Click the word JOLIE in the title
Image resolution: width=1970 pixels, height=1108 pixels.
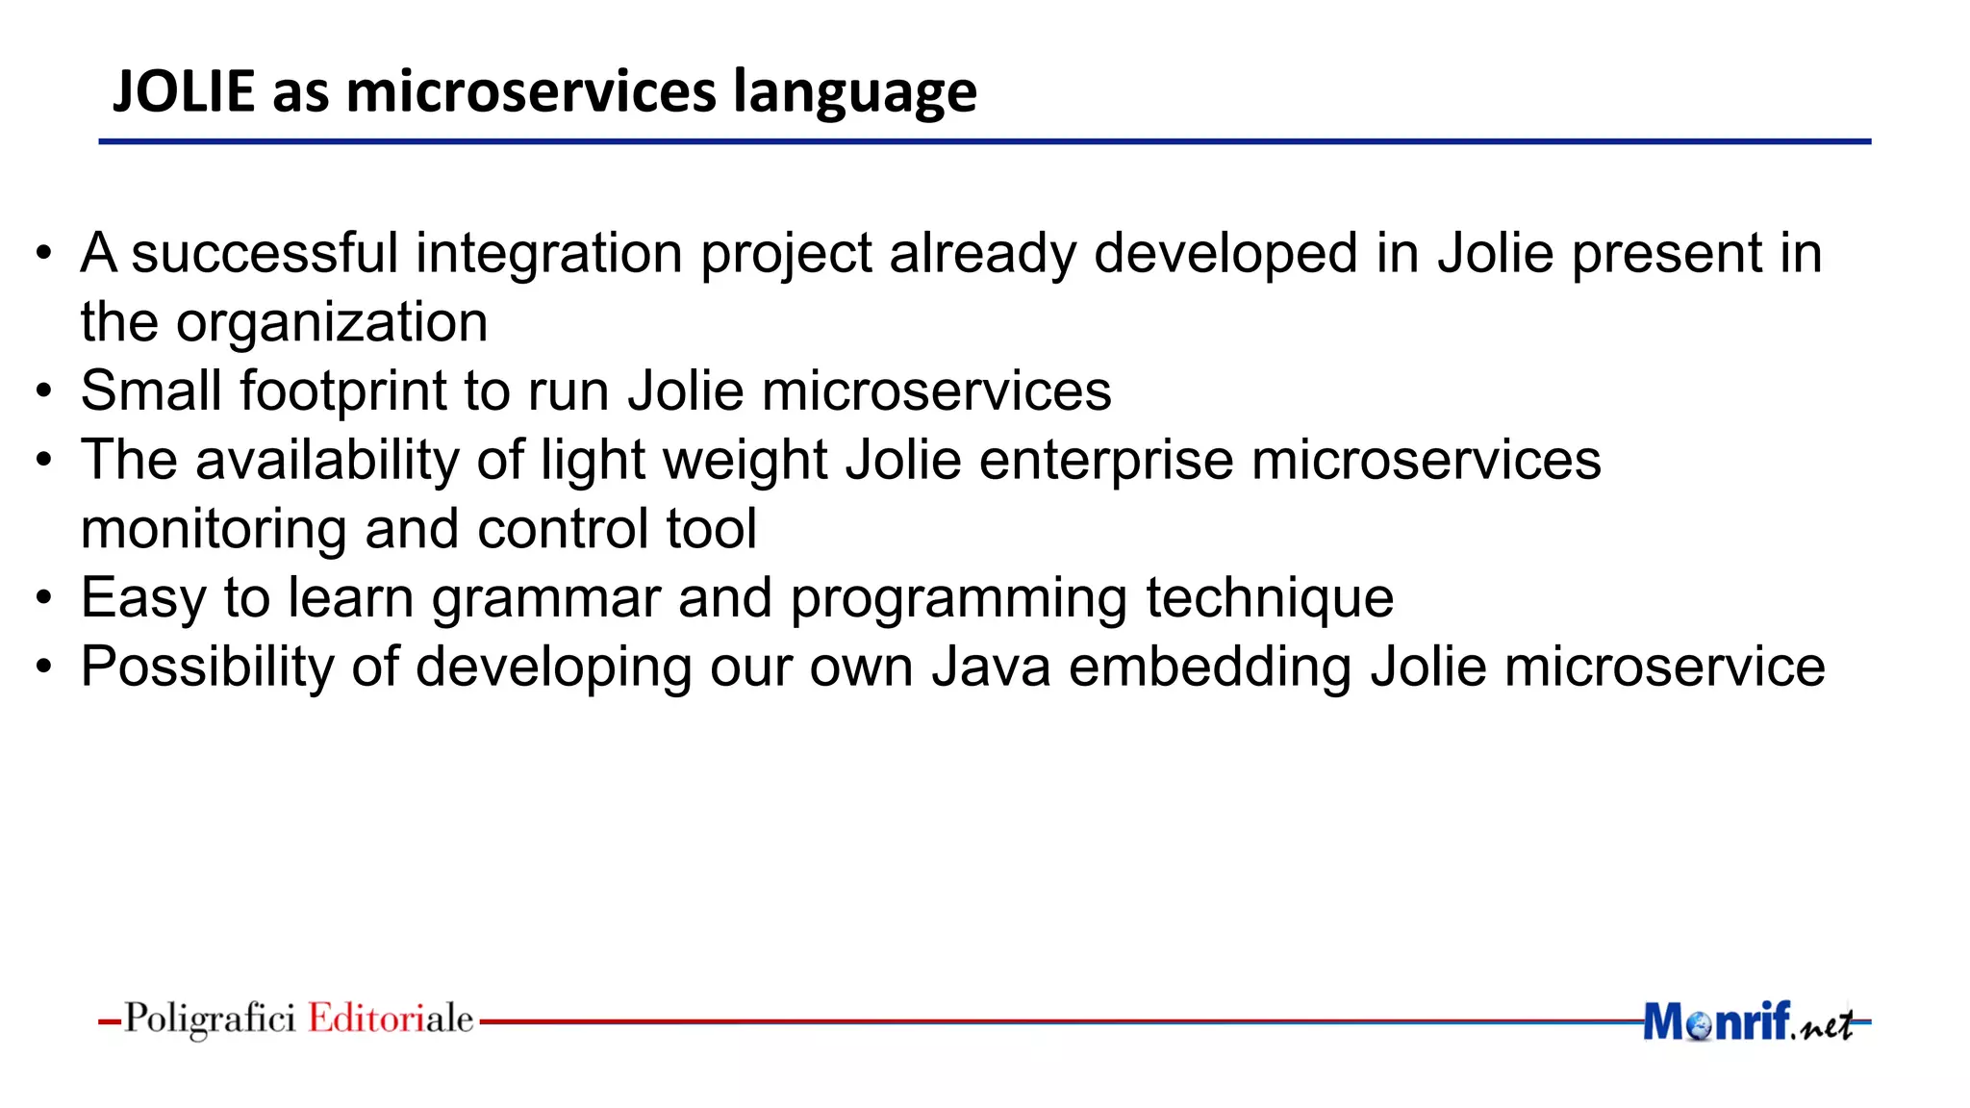[184, 91]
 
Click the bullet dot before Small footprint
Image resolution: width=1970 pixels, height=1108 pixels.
[42, 392]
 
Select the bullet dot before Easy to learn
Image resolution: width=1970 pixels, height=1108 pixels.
[42, 599]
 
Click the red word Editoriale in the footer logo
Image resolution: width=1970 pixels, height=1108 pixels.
[391, 1019]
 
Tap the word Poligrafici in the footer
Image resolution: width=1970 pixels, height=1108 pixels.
[210, 1019]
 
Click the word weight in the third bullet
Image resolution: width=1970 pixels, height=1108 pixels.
[745, 461]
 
